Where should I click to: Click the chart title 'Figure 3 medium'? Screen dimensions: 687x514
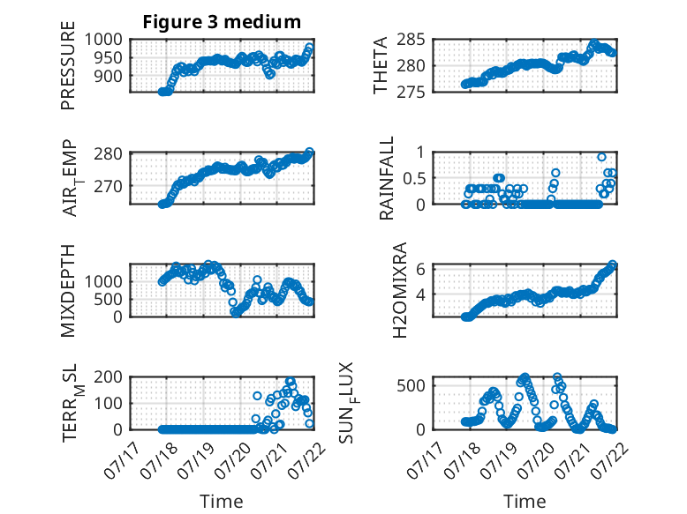[x=222, y=22]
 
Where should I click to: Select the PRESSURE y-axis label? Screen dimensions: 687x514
[x=68, y=65]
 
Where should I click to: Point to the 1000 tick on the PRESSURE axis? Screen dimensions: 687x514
[x=103, y=40]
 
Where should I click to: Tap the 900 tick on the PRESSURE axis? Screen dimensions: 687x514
[x=109, y=76]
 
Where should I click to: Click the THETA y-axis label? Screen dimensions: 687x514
[x=381, y=65]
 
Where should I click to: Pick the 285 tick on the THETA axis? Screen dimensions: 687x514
[x=411, y=40]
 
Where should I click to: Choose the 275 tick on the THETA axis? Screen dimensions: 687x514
[x=411, y=93]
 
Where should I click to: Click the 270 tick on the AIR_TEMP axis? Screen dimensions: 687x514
[x=109, y=186]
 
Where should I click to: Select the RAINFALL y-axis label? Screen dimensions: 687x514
[x=387, y=178]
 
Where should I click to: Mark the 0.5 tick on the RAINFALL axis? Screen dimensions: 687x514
[x=414, y=178]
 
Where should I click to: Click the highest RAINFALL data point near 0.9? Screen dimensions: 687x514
[x=602, y=157]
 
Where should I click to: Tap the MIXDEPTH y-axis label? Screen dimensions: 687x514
[x=68, y=290]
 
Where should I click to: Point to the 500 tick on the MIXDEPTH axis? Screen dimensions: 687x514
[x=109, y=299]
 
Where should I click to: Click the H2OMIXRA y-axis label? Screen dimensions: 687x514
[x=400, y=290]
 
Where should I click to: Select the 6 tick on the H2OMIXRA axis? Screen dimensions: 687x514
[x=420, y=269]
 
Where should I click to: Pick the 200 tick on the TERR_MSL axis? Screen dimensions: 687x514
[x=109, y=376]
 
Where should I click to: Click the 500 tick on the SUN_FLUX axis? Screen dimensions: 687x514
[x=411, y=386]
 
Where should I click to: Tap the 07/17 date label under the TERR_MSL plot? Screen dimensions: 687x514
[x=124, y=460]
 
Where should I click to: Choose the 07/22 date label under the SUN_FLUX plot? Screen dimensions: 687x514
[x=611, y=460]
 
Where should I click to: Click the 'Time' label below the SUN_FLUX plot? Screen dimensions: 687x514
[x=525, y=501]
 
